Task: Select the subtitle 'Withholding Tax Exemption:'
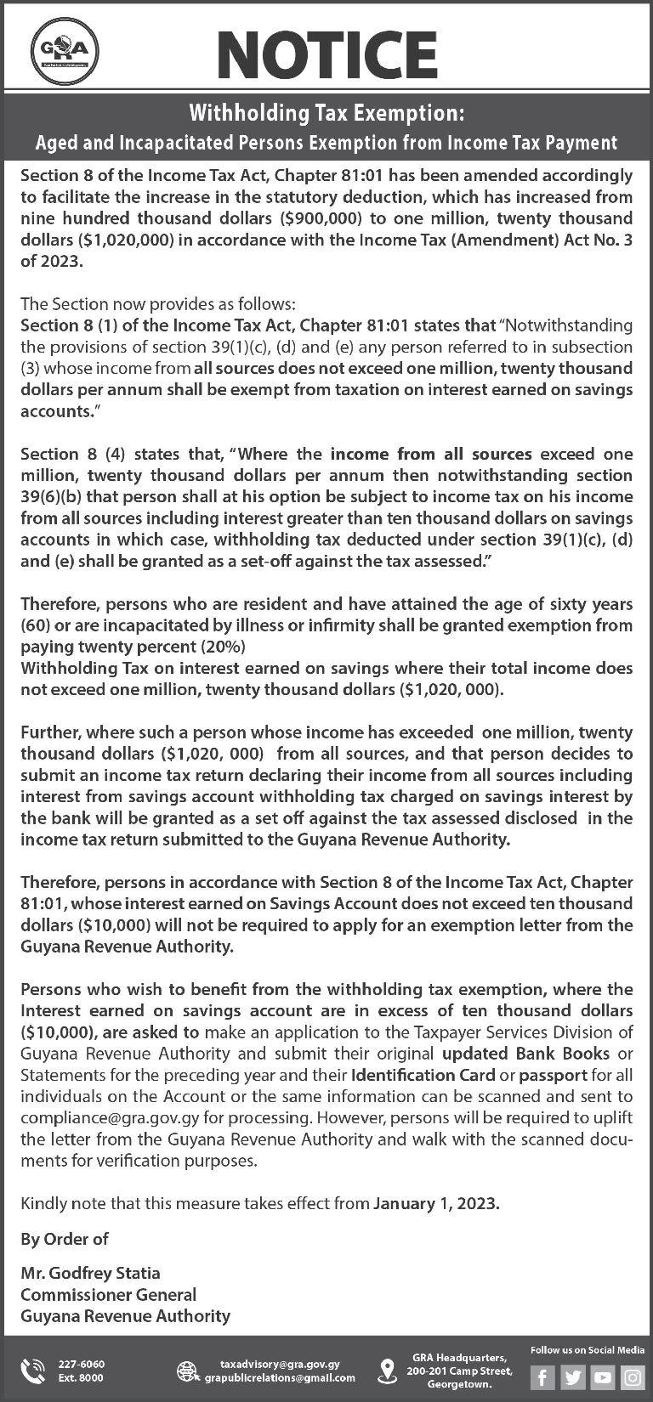coord(326,113)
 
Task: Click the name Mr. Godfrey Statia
coord(90,1273)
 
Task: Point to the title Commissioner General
coord(108,1294)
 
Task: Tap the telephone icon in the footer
coord(33,1370)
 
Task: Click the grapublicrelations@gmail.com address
coord(280,1377)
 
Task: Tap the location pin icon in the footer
coord(387,1370)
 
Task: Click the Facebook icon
coord(542,1377)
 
